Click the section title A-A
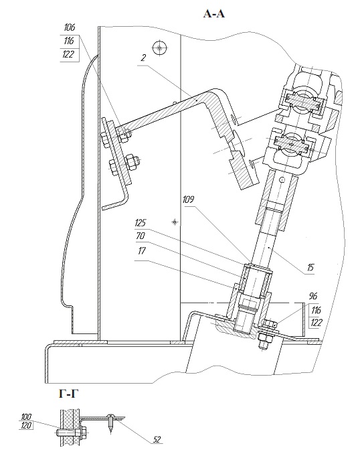coord(214,13)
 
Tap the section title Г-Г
coord(69,394)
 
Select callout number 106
coord(70,27)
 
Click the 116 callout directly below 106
coord(69,41)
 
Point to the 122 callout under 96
coord(317,323)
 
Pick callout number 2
coord(143,58)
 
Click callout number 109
coord(188,199)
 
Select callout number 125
coord(141,222)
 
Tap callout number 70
coord(141,236)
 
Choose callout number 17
coord(142,250)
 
